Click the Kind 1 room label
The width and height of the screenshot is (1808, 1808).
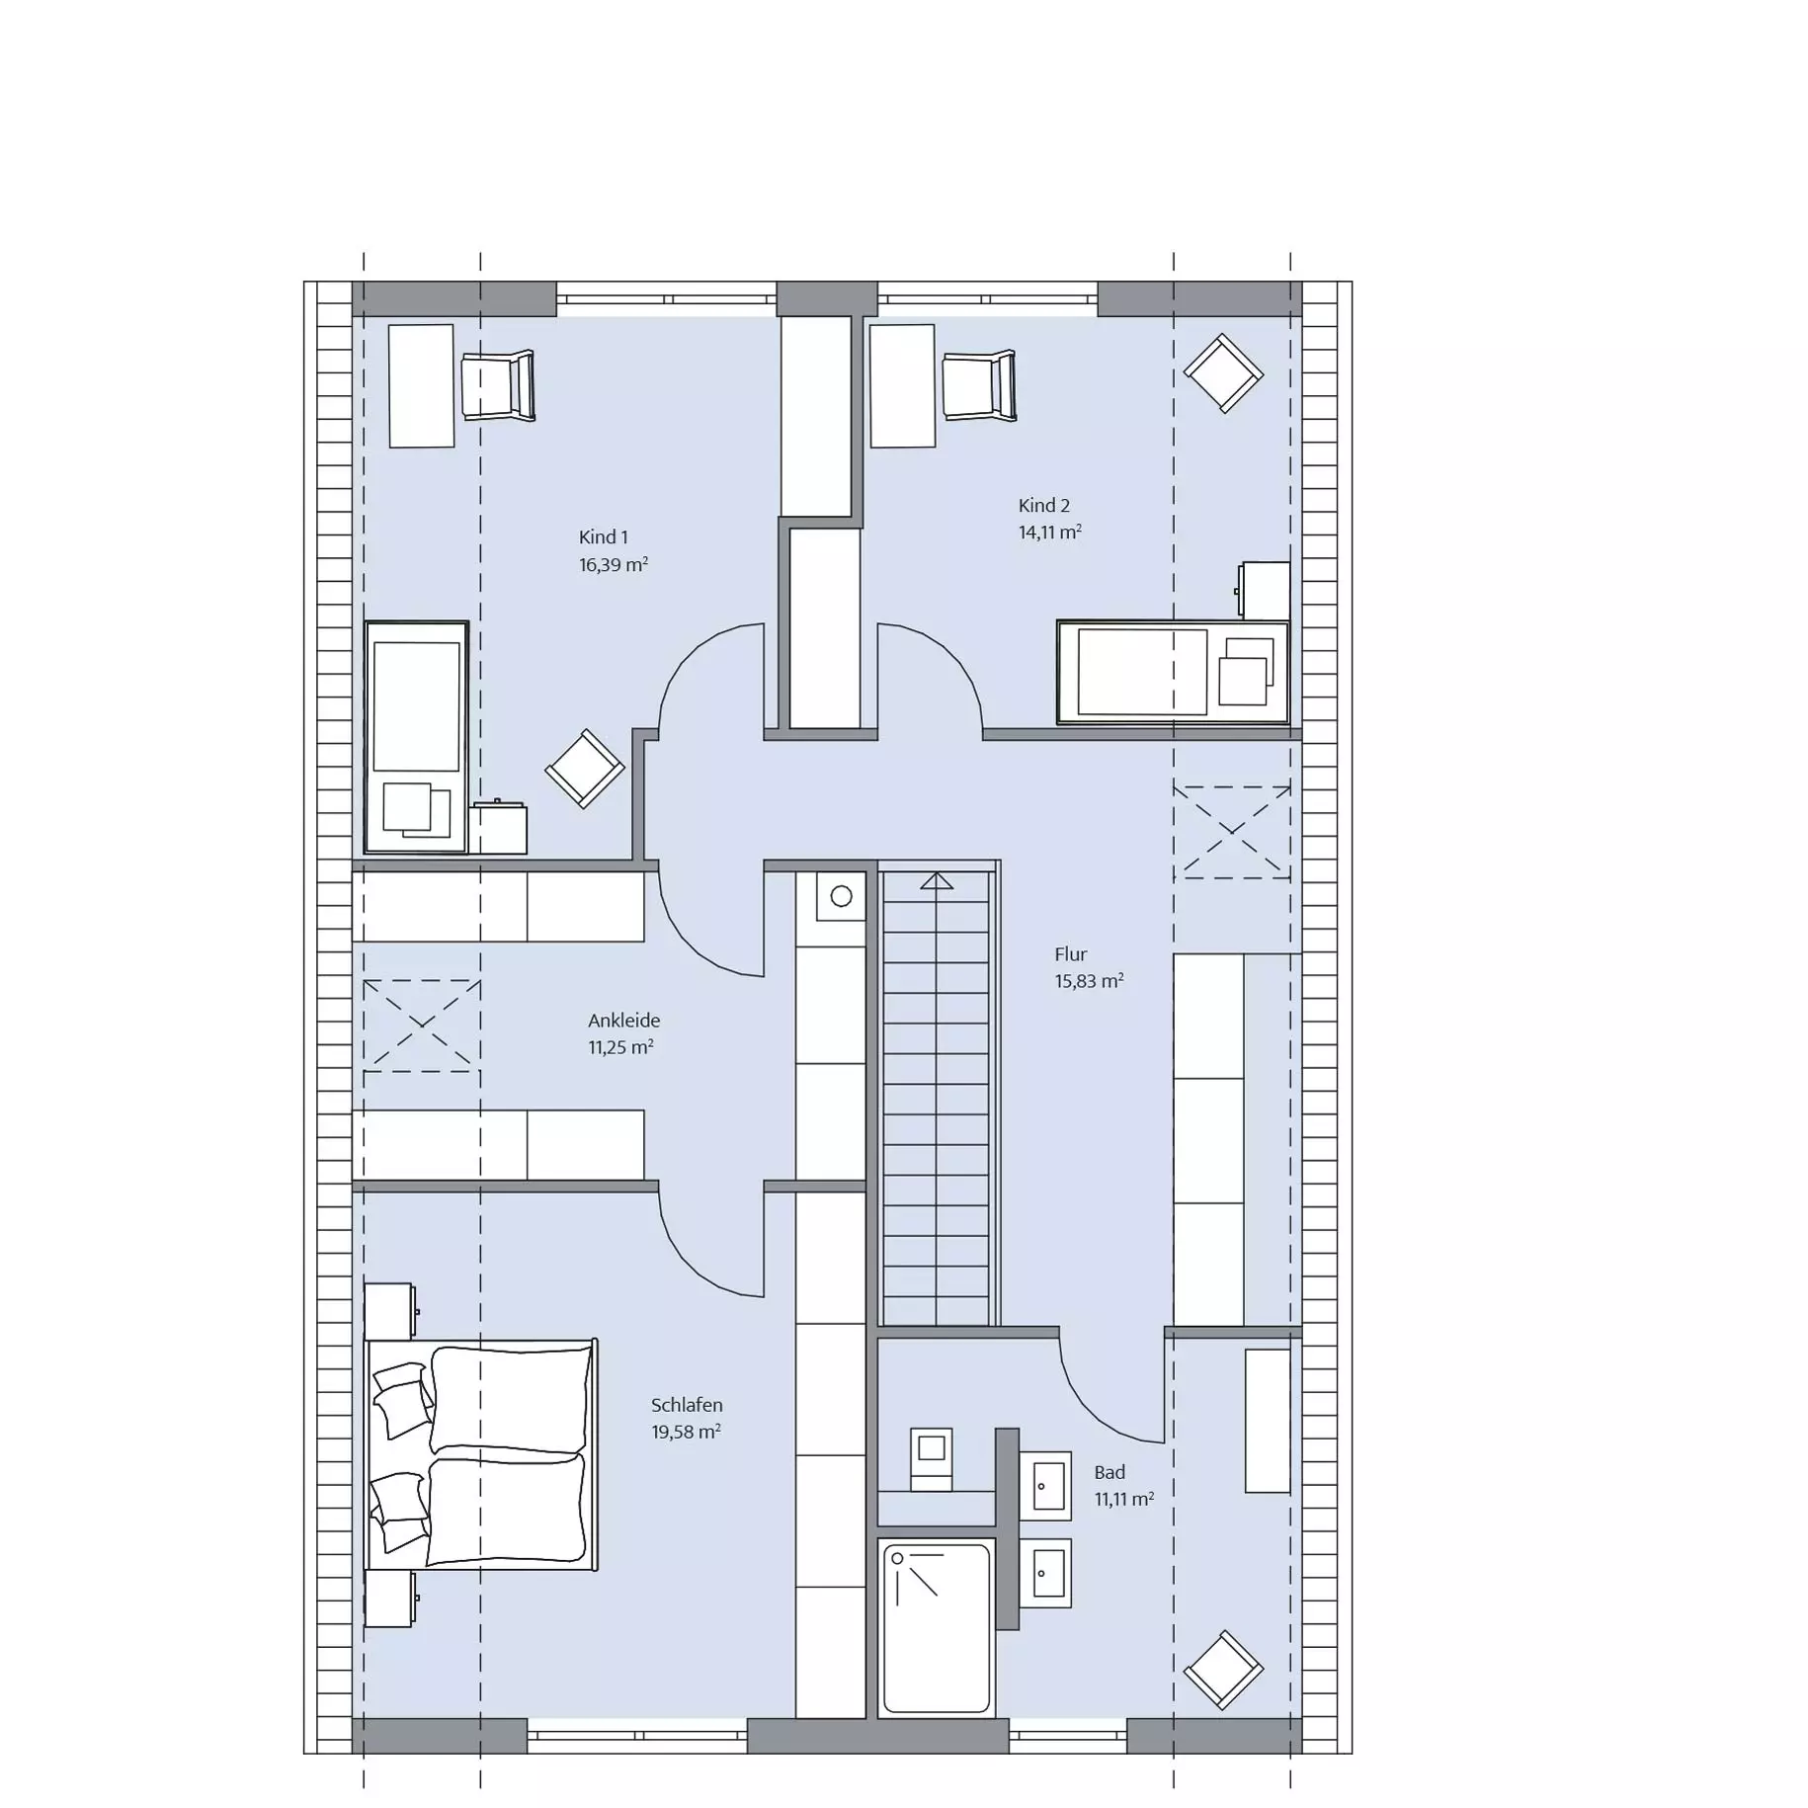point(603,537)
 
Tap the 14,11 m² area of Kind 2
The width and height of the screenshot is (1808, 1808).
point(1049,533)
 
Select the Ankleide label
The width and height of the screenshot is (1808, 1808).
point(623,1021)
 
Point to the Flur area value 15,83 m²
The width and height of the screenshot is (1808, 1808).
point(1089,981)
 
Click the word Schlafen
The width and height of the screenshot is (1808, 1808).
point(687,1405)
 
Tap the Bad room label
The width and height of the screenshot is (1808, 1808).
point(1109,1472)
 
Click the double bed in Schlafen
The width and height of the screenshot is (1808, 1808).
point(482,1454)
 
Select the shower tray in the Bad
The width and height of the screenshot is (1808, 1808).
point(936,1628)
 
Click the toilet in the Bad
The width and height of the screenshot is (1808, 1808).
point(931,1458)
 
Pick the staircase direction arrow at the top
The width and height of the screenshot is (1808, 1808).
point(937,880)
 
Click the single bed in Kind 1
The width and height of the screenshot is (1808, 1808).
point(416,737)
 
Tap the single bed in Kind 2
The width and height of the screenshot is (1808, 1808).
point(1173,673)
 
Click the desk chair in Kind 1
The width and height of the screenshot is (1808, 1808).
point(498,385)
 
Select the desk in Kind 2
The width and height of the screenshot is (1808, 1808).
point(902,386)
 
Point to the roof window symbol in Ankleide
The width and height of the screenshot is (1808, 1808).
point(422,1026)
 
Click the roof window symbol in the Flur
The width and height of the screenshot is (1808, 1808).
point(1232,832)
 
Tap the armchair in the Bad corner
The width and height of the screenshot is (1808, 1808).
point(1223,1670)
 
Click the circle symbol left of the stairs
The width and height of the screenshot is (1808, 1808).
point(842,897)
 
